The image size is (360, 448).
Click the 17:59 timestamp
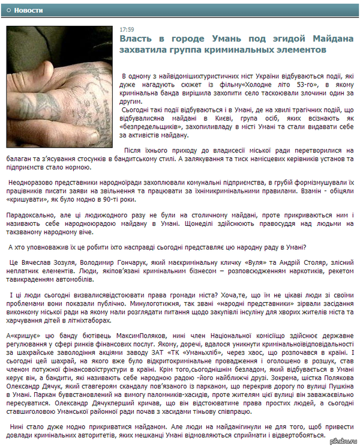127,29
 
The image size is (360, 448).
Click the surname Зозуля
71,263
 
